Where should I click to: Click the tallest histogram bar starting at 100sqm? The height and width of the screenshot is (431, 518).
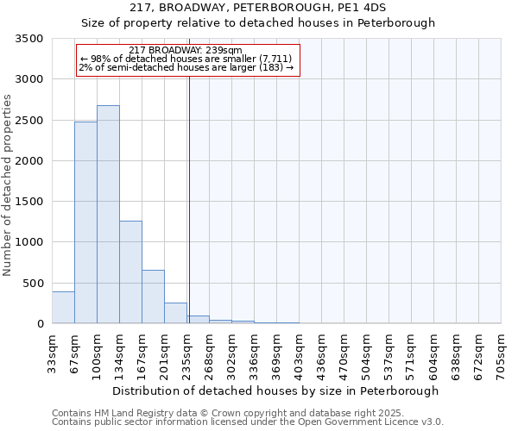(x=108, y=215)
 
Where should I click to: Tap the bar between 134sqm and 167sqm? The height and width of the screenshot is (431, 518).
(x=130, y=272)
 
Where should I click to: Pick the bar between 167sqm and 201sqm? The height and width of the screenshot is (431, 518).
(x=153, y=297)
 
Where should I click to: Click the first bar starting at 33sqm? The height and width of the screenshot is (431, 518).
(x=63, y=308)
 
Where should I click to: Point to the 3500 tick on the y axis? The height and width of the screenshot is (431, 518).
(x=29, y=40)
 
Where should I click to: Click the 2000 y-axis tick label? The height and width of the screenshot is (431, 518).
(x=29, y=161)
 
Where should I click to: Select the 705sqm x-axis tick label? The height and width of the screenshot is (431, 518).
(x=501, y=354)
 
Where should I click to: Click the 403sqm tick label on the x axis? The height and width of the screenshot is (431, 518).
(x=299, y=354)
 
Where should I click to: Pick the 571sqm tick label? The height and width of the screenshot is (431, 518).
(x=411, y=354)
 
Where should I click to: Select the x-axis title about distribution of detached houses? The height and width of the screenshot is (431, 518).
(x=275, y=390)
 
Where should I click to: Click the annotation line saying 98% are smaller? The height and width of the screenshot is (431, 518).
(x=187, y=59)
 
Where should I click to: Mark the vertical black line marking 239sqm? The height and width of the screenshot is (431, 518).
(x=188, y=198)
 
